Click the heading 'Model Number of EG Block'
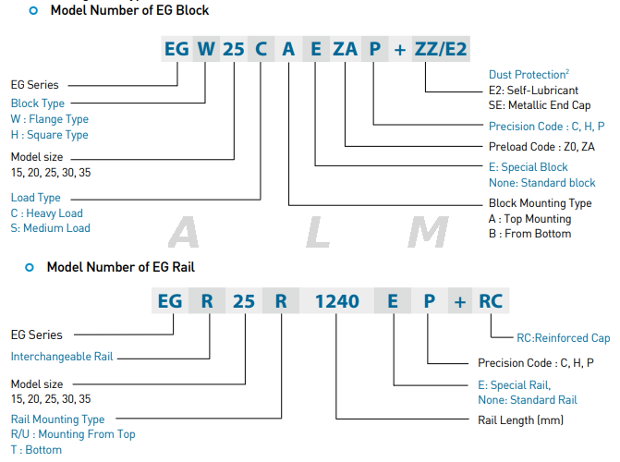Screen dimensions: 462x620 coord(129,11)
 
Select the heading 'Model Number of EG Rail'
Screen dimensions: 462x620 coord(120,267)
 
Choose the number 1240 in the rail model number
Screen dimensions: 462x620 coord(337,301)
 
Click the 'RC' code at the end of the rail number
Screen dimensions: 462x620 coord(491,301)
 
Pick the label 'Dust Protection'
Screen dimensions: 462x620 coord(527,74)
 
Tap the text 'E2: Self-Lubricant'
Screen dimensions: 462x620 coord(533,91)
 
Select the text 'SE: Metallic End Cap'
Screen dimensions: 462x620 coord(539,105)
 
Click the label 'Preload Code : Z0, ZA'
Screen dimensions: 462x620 coord(541,146)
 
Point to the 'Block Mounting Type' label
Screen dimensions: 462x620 coord(540,203)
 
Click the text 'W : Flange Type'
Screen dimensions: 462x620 coord(50,119)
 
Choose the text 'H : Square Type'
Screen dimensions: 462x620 coord(50,135)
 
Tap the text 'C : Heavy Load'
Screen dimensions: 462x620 coord(47,213)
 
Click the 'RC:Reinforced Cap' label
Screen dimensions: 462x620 coord(551,338)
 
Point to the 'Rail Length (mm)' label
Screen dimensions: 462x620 coord(520,420)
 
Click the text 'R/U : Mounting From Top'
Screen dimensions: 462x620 coord(73,434)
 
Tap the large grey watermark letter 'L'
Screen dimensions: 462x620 coord(318,234)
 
